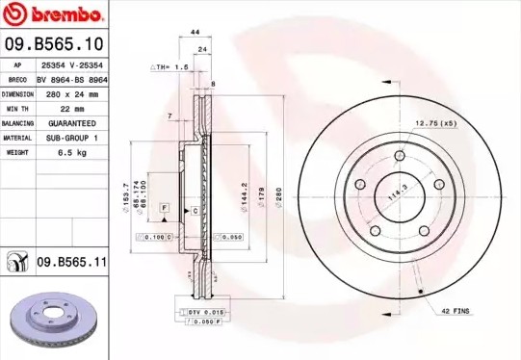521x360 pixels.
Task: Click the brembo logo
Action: [53, 15]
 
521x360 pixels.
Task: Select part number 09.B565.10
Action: [54, 44]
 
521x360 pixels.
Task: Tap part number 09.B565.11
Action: [70, 261]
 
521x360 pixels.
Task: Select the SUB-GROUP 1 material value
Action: [72, 138]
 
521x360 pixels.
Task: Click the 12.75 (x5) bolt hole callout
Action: [434, 123]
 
